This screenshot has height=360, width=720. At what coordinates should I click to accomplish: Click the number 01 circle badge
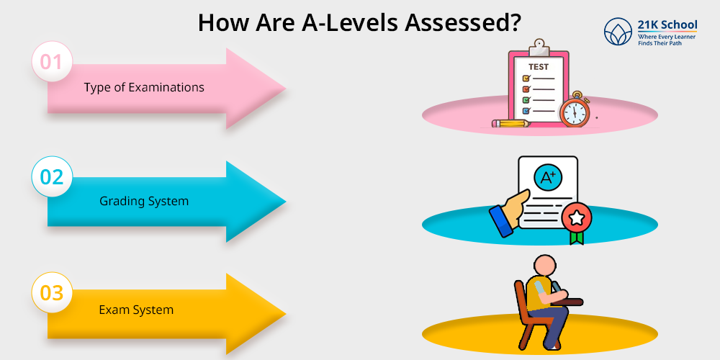click(x=52, y=61)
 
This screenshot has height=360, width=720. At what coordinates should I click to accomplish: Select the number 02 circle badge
click(x=52, y=177)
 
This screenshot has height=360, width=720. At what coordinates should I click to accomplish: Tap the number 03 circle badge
click(x=52, y=292)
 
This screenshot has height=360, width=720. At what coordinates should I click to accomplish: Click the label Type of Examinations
click(x=144, y=87)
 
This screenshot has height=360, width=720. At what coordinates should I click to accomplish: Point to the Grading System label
click(x=144, y=201)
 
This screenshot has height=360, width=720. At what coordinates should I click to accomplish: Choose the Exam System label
click(x=136, y=310)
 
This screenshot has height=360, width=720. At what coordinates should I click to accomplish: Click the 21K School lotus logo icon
click(x=618, y=32)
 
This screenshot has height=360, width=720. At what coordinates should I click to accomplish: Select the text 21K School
click(x=667, y=24)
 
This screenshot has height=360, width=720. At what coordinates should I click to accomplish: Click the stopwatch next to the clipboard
click(x=574, y=109)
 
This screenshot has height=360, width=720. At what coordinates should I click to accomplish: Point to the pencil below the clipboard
click(x=511, y=123)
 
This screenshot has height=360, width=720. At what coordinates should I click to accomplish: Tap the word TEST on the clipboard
click(x=539, y=67)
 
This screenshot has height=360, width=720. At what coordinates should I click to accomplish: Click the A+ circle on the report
click(x=548, y=178)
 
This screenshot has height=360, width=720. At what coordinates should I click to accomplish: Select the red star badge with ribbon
click(x=576, y=222)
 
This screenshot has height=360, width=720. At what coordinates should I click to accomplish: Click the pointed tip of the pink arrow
click(x=285, y=88)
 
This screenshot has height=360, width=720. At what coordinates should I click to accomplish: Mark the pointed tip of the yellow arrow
click(x=285, y=314)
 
